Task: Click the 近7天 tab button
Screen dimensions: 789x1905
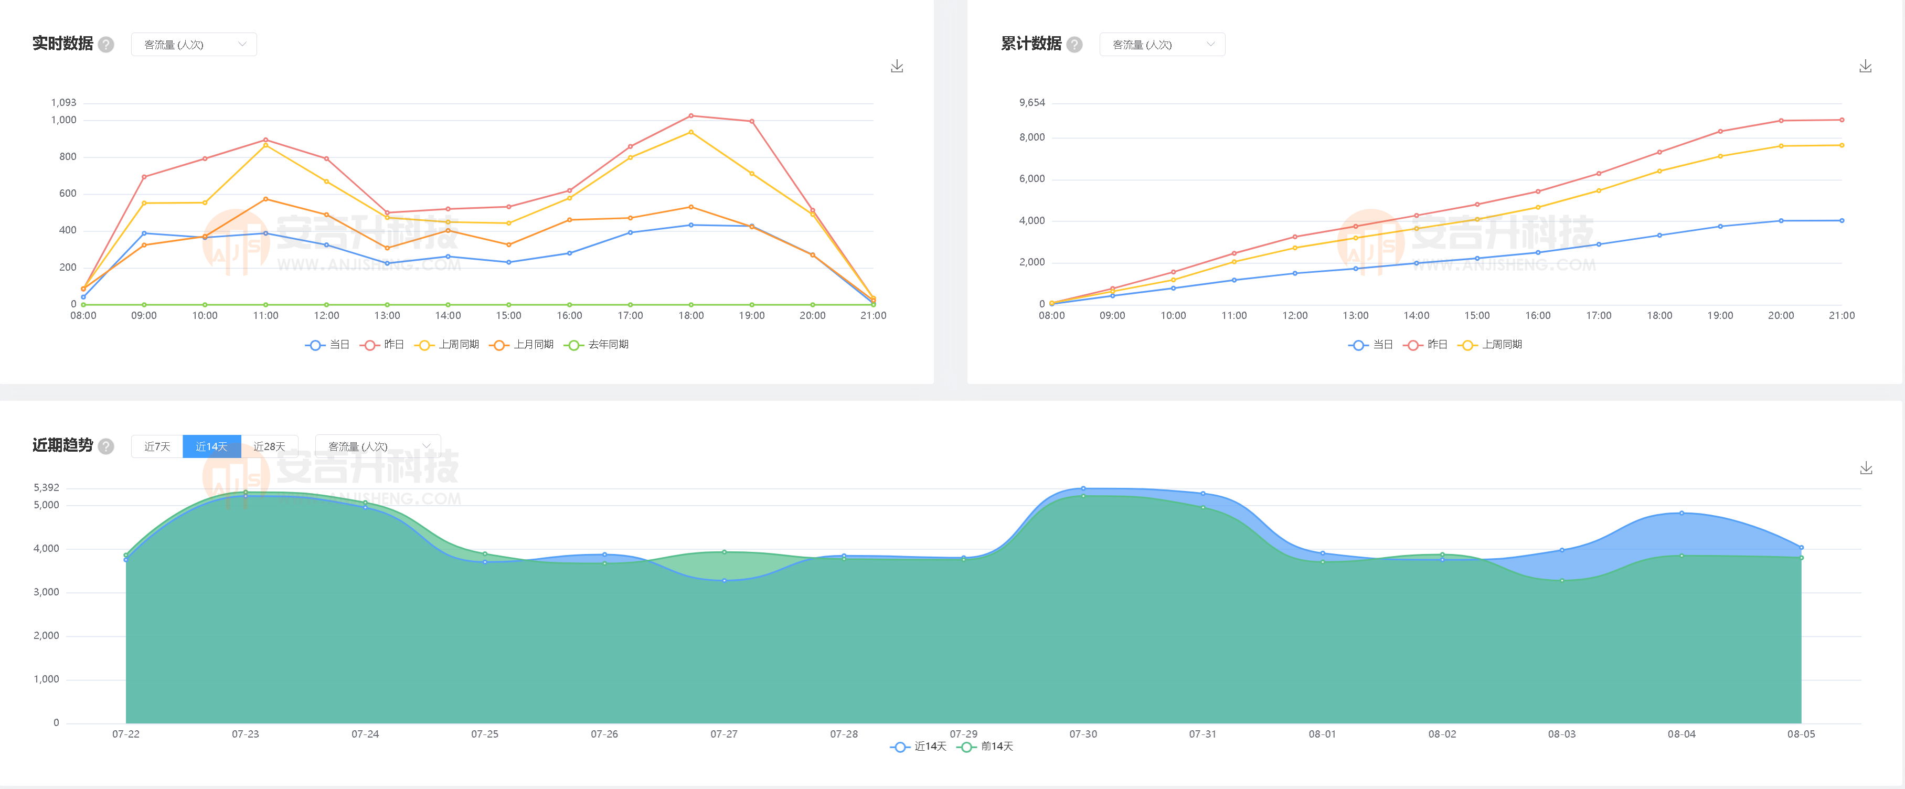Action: (157, 446)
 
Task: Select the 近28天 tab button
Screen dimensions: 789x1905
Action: (269, 446)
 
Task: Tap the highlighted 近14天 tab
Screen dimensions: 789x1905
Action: (211, 446)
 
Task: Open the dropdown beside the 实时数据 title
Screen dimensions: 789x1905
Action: (194, 45)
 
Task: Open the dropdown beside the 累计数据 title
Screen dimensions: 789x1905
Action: (1162, 45)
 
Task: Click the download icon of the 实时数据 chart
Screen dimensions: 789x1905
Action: (897, 67)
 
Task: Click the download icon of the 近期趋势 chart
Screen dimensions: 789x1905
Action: (1866, 468)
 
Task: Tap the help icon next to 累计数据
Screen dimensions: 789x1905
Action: (1074, 45)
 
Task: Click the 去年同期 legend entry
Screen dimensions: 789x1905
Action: (598, 345)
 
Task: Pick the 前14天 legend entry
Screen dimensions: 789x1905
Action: (986, 747)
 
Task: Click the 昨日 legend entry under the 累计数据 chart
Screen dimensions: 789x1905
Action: (1427, 345)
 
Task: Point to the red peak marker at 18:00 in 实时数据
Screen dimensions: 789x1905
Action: (691, 116)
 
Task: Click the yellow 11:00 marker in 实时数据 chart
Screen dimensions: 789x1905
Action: (265, 145)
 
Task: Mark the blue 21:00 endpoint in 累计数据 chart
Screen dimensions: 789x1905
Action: (1842, 220)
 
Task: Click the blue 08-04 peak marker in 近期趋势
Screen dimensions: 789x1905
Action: (1681, 513)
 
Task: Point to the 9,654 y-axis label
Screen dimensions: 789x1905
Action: (1031, 103)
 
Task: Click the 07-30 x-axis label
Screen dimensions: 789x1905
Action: (1083, 734)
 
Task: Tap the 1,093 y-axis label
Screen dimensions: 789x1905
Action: (63, 103)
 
